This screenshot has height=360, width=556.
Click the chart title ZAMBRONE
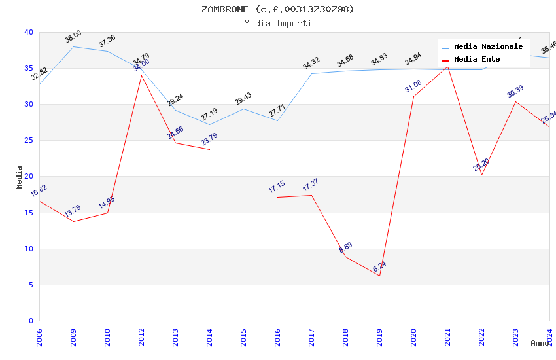(277, 9)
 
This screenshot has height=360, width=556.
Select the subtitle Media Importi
(277, 23)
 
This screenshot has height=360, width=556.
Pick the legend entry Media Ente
(477, 59)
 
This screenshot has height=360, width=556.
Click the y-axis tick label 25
(29, 141)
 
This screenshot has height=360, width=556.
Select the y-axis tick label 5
(31, 285)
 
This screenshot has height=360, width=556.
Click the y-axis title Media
(19, 177)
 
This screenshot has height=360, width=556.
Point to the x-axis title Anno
(540, 343)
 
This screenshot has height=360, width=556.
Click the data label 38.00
(73, 37)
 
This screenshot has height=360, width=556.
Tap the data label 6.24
(379, 266)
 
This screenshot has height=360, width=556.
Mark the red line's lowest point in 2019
(379, 276)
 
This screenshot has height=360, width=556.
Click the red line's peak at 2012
(141, 75)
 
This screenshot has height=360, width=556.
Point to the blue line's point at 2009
(73, 46)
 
